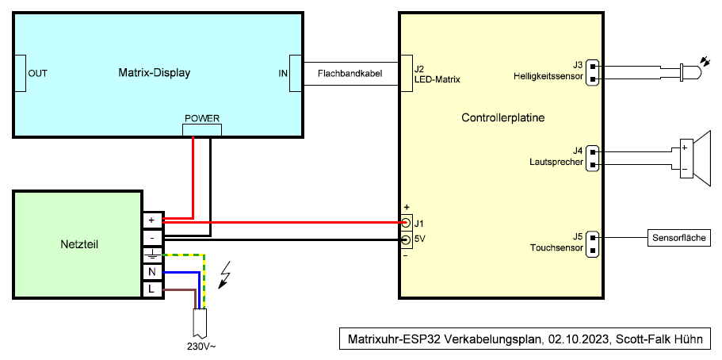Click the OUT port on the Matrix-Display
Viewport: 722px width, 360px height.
pyautogui.click(x=20, y=73)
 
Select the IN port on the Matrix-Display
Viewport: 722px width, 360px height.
pyautogui.click(x=296, y=73)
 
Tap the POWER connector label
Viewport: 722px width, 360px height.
pyautogui.click(x=202, y=118)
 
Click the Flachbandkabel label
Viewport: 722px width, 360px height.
pyautogui.click(x=350, y=73)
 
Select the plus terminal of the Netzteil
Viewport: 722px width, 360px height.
pyautogui.click(x=151, y=220)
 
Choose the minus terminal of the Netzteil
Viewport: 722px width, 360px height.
pyautogui.click(x=151, y=237)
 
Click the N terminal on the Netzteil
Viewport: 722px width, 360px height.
pyautogui.click(x=151, y=272)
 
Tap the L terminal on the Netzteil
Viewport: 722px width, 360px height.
pyautogui.click(x=151, y=289)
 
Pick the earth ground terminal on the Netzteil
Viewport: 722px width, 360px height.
pyautogui.click(x=151, y=255)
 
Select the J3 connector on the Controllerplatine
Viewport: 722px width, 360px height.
pyautogui.click(x=592, y=71)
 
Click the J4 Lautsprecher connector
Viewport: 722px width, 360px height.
pyautogui.click(x=592, y=157)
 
